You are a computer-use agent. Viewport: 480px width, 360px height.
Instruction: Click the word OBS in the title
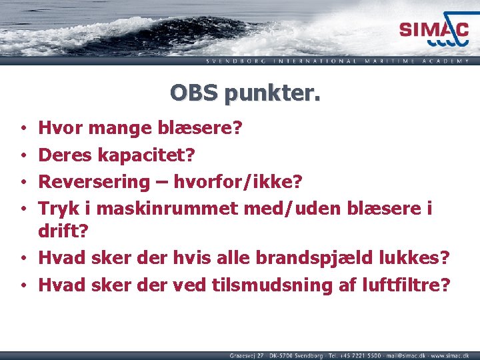point(195,92)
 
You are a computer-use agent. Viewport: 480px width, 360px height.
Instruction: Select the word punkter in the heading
point(273,93)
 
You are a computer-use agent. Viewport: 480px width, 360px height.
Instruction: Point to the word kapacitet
point(146,155)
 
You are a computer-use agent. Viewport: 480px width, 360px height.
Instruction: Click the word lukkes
point(413,257)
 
